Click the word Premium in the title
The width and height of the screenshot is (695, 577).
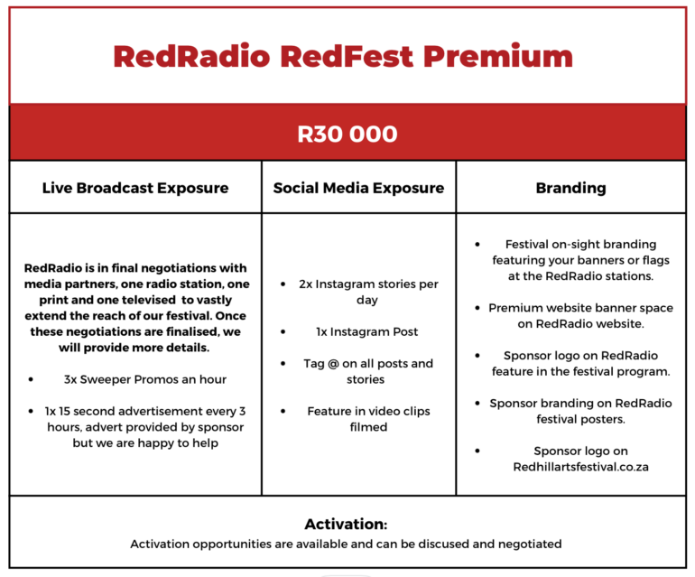[x=497, y=57]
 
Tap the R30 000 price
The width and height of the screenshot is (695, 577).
[x=347, y=134]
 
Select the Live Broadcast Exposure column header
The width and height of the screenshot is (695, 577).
[x=135, y=188]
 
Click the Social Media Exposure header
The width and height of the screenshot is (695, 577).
[x=358, y=188]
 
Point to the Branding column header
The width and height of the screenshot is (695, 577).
[x=570, y=188]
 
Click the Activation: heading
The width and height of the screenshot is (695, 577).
[x=346, y=525]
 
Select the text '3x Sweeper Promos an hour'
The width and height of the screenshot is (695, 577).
[x=145, y=379]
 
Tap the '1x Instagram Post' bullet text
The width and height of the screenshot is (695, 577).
[x=367, y=331]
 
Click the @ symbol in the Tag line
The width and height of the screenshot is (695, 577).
[x=333, y=364]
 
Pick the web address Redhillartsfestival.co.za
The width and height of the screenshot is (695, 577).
[x=580, y=467]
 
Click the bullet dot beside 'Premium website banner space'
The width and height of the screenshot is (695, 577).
[x=477, y=308]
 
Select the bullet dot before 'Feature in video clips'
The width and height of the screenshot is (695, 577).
[x=283, y=411]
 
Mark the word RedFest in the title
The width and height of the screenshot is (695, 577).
[x=347, y=57]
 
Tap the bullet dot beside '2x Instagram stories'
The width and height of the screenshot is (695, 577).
[x=283, y=284]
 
